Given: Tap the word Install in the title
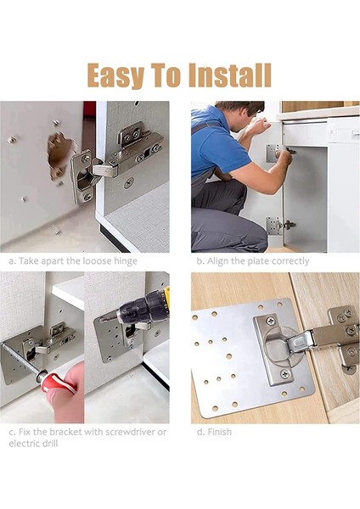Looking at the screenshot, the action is (x=230, y=75).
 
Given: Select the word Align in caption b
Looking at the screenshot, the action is (x=217, y=261).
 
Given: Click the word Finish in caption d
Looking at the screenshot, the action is (x=219, y=432).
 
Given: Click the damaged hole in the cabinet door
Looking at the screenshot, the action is (x=59, y=154).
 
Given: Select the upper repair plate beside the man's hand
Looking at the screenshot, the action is (x=273, y=154).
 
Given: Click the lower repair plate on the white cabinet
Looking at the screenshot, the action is (x=273, y=225).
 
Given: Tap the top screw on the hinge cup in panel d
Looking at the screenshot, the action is (x=271, y=322).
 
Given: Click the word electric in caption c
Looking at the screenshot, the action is (x=24, y=444).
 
